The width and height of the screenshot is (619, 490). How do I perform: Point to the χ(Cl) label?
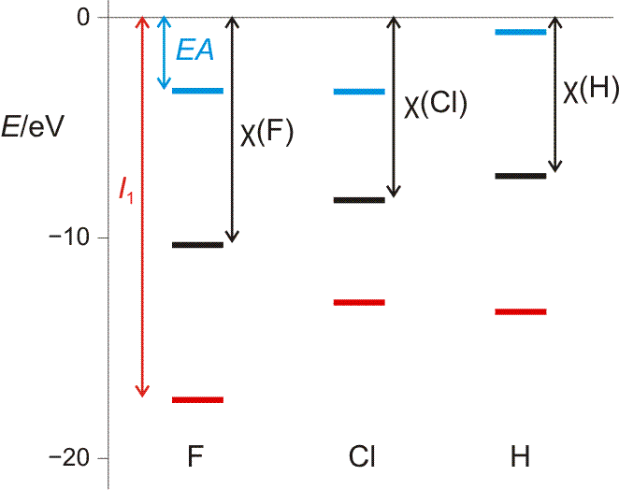click(x=435, y=104)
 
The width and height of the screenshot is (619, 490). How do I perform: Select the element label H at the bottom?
click(x=520, y=458)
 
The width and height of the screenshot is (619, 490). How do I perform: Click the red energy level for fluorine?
click(x=198, y=400)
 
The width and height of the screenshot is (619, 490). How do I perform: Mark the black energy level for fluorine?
click(x=198, y=245)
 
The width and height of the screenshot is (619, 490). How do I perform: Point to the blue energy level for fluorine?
click(x=198, y=91)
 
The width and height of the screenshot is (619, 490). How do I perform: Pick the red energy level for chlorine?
click(x=359, y=302)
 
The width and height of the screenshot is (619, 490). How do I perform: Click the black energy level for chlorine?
click(x=359, y=199)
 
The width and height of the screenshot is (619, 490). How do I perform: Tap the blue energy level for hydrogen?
click(x=521, y=32)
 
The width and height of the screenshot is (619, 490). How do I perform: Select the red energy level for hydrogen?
click(x=521, y=311)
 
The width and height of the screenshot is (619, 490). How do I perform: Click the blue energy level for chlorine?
click(x=359, y=92)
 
